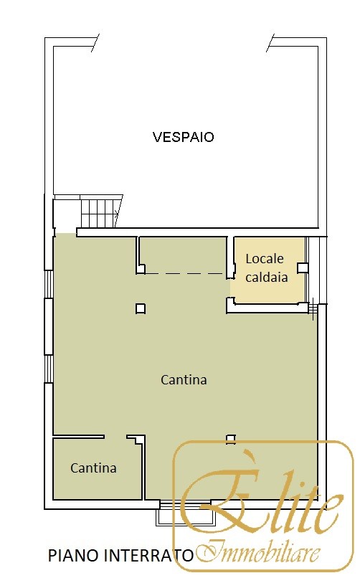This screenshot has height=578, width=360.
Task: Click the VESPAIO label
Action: click(183, 137)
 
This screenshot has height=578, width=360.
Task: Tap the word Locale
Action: click(265, 259)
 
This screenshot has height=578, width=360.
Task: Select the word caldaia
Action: click(266, 277)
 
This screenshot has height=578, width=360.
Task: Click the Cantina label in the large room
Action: click(184, 379)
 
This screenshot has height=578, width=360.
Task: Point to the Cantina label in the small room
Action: click(93, 468)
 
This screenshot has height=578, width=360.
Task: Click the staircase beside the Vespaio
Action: click(100, 213)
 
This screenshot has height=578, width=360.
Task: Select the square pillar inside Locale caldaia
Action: click(303, 267)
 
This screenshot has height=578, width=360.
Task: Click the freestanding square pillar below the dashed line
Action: click(141, 308)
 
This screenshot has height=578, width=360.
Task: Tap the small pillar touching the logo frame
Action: click(231, 439)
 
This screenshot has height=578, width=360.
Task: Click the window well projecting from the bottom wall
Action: click(186, 513)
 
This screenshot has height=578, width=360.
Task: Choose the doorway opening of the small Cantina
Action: click(115, 437)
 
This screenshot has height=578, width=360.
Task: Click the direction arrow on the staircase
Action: click(116, 213)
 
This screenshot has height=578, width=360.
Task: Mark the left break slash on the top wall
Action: click(95, 43)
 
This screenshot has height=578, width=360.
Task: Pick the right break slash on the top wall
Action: click(270, 43)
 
